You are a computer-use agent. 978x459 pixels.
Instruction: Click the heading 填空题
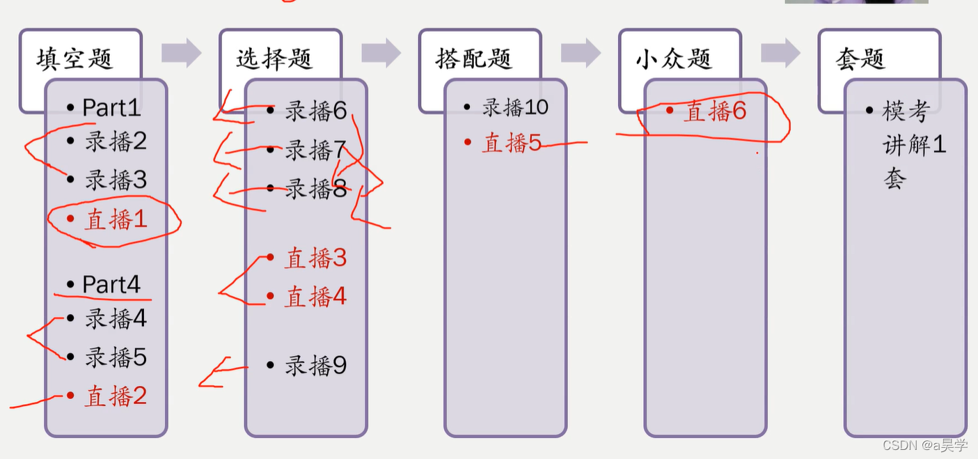tap(74, 59)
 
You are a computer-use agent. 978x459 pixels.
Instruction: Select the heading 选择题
tap(274, 59)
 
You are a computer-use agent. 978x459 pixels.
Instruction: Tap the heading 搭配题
tap(474, 59)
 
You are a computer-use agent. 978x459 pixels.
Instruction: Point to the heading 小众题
tap(674, 59)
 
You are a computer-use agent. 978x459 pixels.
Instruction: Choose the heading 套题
tap(860, 59)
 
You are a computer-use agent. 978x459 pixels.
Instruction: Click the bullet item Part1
tap(111, 107)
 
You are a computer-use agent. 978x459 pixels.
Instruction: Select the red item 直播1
tap(116, 219)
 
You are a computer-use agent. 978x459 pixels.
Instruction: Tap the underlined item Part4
tap(111, 284)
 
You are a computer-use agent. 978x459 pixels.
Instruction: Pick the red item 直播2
tap(116, 396)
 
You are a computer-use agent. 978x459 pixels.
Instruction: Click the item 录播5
tap(116, 357)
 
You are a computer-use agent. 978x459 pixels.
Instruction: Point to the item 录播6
tap(315, 111)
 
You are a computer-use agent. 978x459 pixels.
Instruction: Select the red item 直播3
tap(315, 258)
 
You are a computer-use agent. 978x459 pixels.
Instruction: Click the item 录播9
tap(315, 366)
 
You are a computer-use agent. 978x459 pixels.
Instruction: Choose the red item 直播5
tap(512, 143)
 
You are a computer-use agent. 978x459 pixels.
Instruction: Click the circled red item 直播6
tap(715, 111)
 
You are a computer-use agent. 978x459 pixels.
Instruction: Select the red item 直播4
tap(315, 297)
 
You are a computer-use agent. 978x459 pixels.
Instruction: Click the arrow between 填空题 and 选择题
tap(181, 53)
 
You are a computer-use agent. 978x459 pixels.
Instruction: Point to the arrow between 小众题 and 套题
tap(780, 53)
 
